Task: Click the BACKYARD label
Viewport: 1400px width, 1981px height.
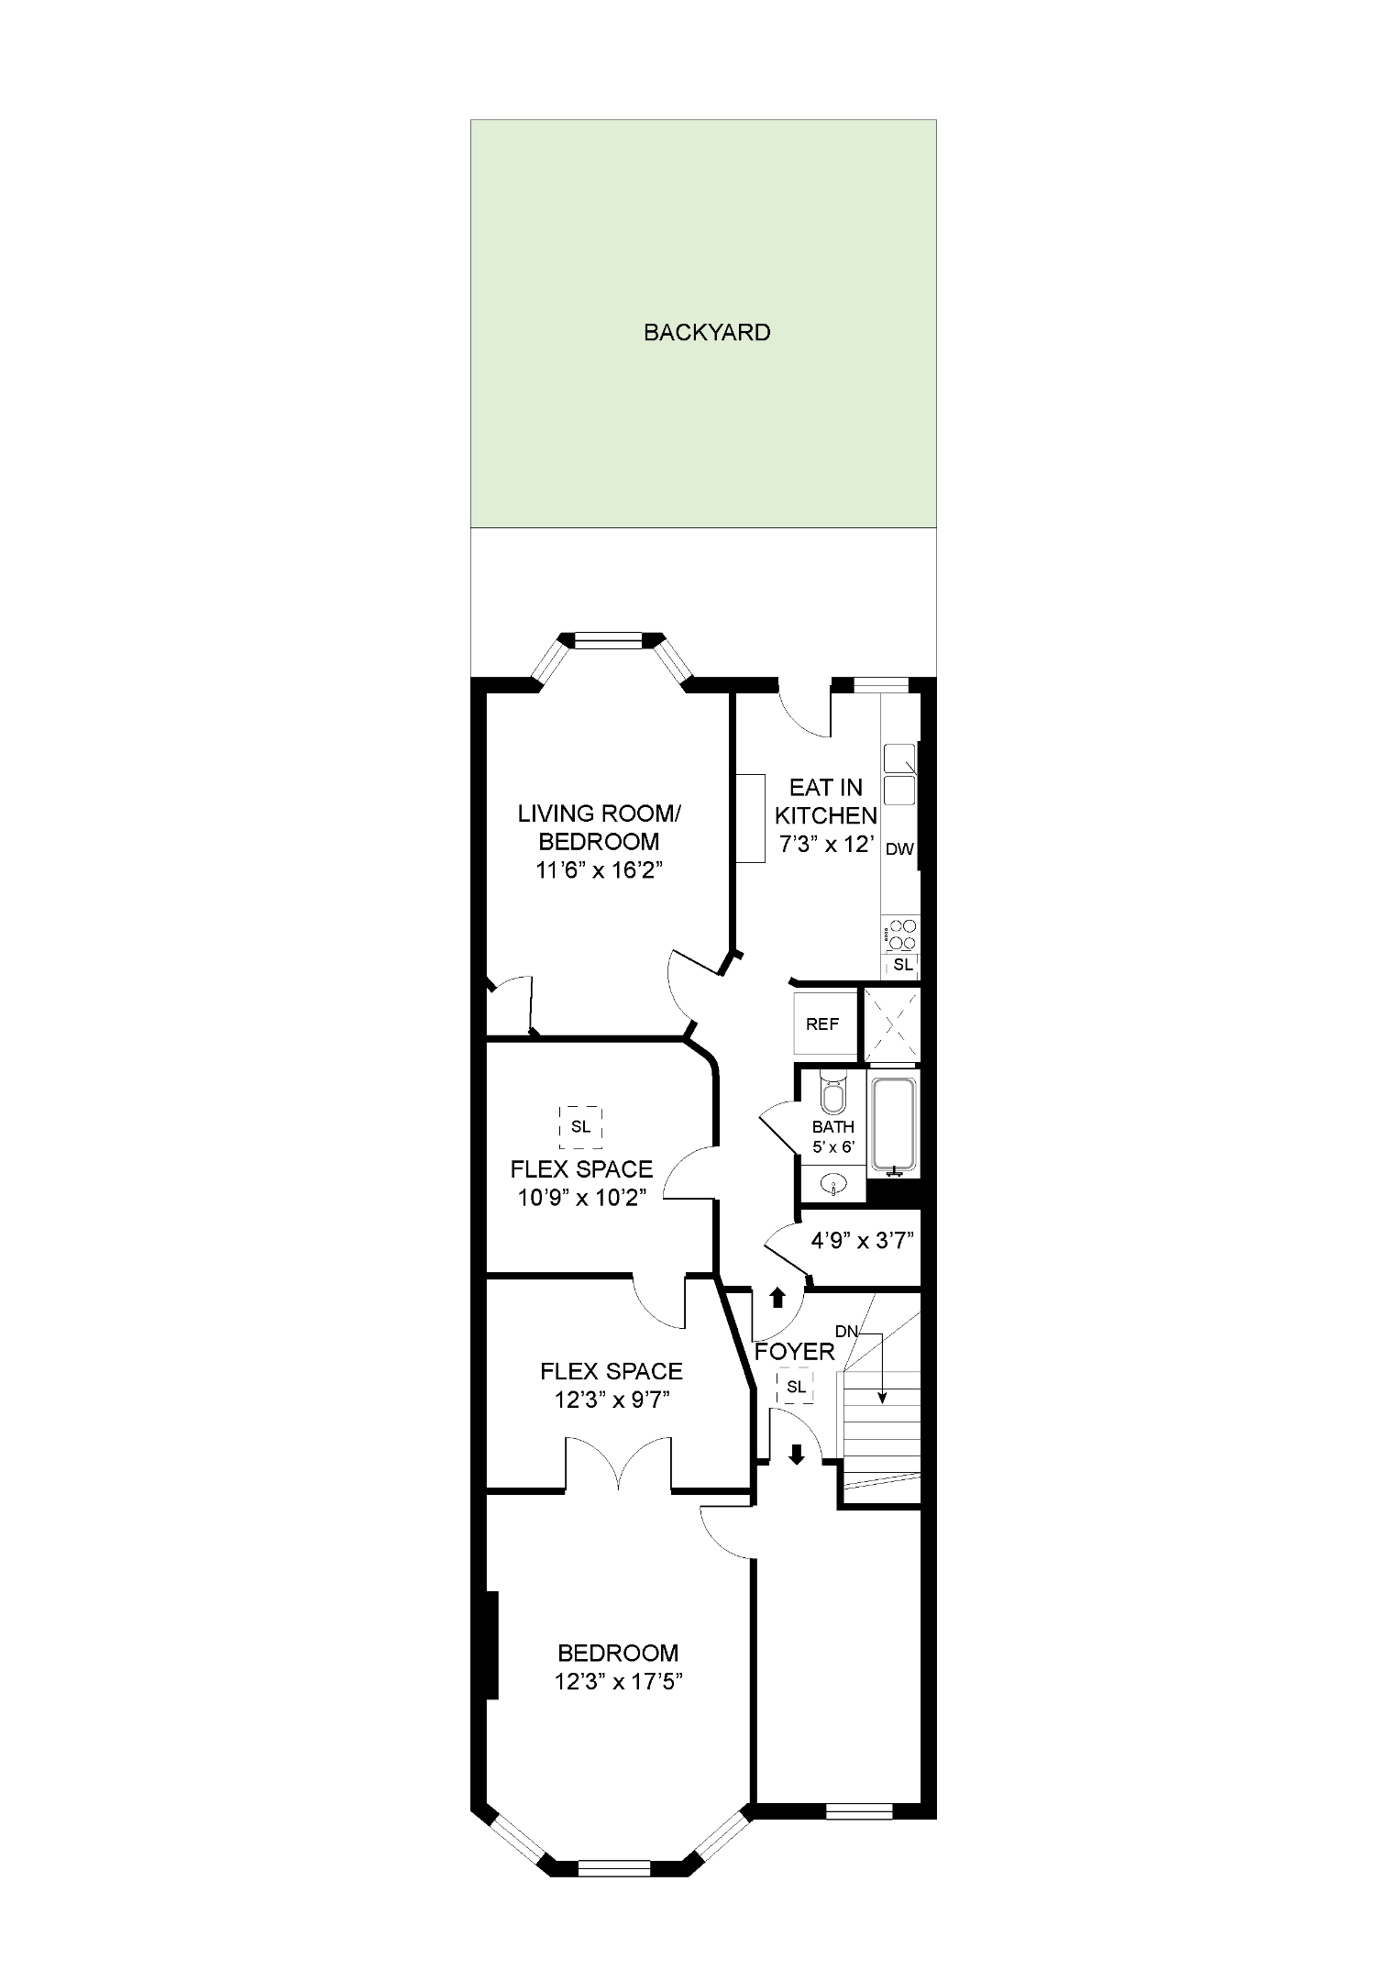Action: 707,333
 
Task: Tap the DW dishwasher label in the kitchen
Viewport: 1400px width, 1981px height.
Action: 899,849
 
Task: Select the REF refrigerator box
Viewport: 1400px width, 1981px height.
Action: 822,1024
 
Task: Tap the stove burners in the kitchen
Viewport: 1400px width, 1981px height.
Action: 902,935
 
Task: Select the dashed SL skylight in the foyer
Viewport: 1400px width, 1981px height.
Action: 796,1387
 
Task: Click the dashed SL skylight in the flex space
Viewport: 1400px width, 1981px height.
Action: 580,1127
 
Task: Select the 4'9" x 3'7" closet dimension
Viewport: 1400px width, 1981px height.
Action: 863,1241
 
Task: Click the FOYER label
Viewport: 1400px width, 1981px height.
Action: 794,1351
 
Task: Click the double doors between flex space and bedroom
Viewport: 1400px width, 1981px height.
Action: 620,1464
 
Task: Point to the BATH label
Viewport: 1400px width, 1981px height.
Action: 833,1127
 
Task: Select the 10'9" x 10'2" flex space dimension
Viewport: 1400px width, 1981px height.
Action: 581,1198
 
